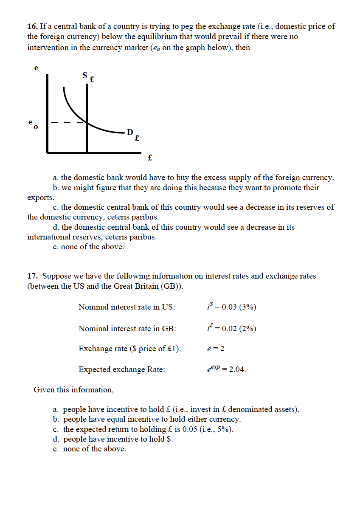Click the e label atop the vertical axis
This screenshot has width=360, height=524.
click(36, 68)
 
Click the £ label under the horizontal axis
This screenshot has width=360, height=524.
click(149, 158)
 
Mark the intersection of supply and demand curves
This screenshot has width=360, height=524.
click(87, 123)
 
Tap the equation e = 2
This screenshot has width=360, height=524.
click(215, 349)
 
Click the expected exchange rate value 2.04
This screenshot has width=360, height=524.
click(237, 369)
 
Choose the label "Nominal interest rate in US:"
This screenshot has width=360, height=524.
click(127, 307)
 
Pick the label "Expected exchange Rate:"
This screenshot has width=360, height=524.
click(122, 369)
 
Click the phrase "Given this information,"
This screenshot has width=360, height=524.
click(74, 389)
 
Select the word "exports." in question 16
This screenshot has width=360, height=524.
click(41, 197)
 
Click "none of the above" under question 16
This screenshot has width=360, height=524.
click(93, 247)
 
